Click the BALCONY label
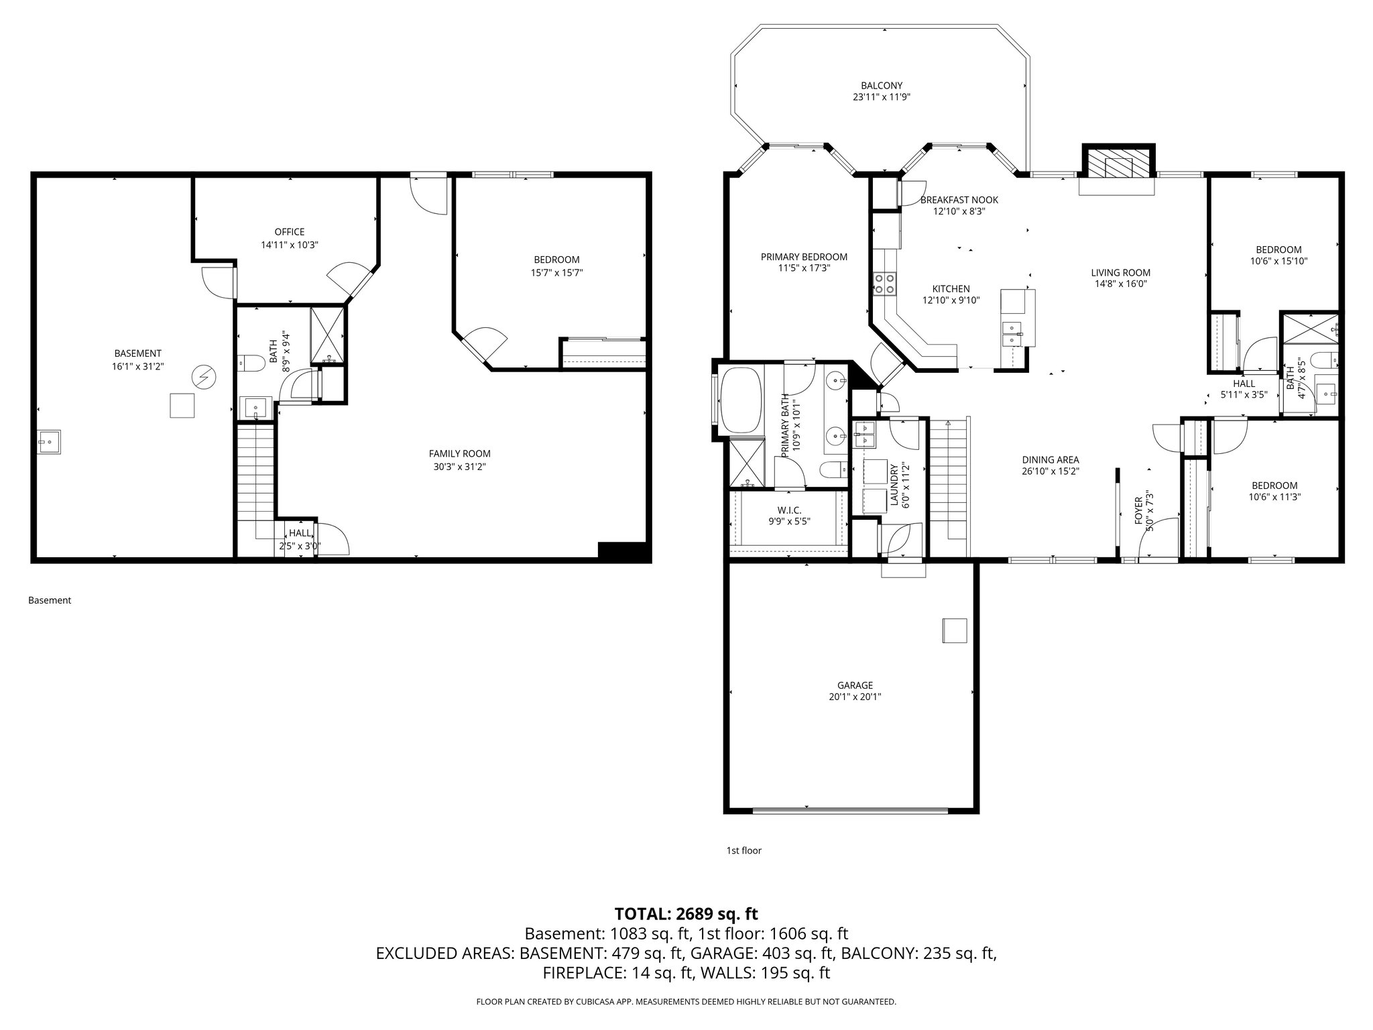pos(881,86)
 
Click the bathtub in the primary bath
pos(741,400)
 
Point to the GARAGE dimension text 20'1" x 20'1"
pos(854,697)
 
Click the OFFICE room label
pos(289,232)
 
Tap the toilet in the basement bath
pos(250,363)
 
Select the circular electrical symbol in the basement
pos(202,378)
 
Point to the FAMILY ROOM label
pos(459,454)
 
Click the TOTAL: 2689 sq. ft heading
pos(686,913)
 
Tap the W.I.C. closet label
pos(789,510)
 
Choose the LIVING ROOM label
pos(1120,272)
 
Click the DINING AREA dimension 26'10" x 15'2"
pos(1050,471)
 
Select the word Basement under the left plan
pos(50,600)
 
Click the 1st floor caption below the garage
pos(743,850)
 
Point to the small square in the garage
pos(955,630)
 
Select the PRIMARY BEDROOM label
pos(803,257)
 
